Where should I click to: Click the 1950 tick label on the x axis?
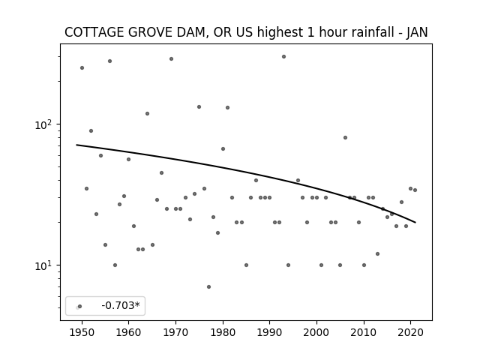(x=82, y=332)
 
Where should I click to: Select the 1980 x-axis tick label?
(x=223, y=332)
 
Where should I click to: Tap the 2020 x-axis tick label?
(x=410, y=332)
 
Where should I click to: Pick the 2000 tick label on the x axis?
(x=316, y=332)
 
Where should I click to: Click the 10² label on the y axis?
(x=43, y=124)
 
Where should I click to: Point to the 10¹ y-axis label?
(x=43, y=265)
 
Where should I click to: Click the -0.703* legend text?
(x=121, y=305)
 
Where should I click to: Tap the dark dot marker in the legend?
(x=80, y=306)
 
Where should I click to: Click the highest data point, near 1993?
(x=283, y=57)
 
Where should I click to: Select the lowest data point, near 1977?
(x=208, y=286)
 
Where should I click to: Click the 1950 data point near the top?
(x=82, y=68)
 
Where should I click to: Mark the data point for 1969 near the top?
(x=171, y=58)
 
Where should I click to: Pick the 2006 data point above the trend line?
(x=345, y=138)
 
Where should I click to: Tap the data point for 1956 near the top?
(x=110, y=61)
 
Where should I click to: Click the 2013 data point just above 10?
(x=377, y=253)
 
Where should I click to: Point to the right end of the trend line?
(x=415, y=222)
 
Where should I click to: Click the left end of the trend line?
(x=76, y=145)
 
